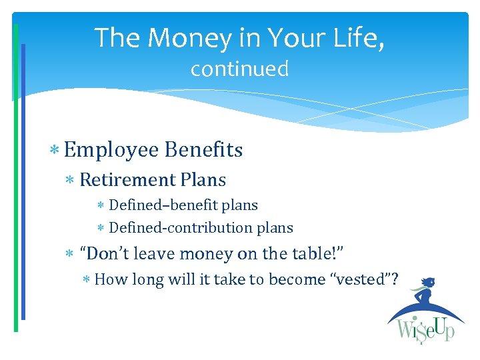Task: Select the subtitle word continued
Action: coord(239,69)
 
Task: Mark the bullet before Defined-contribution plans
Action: coord(100,229)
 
